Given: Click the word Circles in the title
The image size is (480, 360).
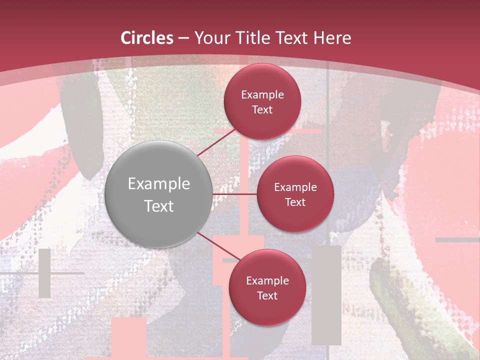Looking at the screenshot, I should [146, 38].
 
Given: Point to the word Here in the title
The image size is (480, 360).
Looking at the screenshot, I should [332, 38].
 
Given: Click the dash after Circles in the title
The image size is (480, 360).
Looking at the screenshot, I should [183, 38].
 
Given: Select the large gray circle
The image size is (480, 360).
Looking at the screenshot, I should [158, 165].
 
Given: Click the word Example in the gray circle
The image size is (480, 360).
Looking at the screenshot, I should [159, 184].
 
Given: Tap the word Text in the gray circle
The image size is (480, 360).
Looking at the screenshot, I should [159, 206].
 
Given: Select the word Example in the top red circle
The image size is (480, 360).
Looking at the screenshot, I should [262, 95].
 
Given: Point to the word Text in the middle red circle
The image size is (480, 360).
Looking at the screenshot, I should [295, 202].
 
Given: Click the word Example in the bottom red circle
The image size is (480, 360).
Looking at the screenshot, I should [267, 281].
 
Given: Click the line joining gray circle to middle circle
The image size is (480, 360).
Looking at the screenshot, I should [234, 194].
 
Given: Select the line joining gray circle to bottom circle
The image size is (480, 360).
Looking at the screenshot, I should [217, 246].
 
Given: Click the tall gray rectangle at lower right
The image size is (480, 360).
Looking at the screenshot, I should [326, 295].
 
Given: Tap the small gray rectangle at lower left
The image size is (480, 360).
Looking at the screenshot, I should [44, 273].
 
